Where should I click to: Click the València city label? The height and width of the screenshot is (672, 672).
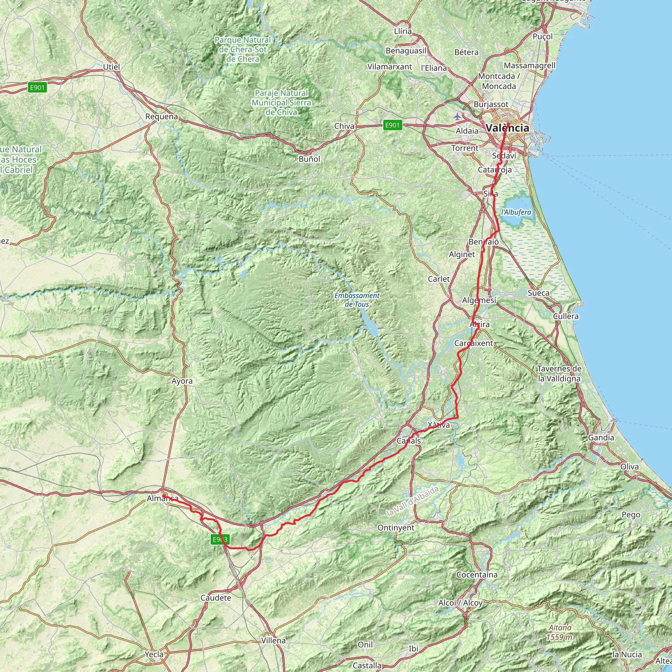point(508,128)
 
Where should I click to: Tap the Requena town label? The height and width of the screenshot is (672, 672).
point(161,116)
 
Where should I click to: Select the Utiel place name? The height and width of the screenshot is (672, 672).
point(111,67)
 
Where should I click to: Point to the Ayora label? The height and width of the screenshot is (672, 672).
point(182,381)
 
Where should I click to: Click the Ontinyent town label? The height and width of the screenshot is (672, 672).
point(396,528)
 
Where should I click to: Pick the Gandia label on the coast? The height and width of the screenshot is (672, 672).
point(601,438)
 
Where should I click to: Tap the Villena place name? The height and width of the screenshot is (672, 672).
point(273,640)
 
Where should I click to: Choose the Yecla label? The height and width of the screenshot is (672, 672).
point(154,654)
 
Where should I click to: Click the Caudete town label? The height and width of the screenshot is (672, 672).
point(216,598)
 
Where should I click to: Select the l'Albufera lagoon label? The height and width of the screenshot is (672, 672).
point(516,212)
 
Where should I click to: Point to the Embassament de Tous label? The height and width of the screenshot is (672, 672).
point(357,300)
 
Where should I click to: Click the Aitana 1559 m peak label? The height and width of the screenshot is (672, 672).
point(560,632)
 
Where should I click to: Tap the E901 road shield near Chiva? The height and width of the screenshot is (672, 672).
point(392,125)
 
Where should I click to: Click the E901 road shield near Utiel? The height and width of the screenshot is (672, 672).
point(37,87)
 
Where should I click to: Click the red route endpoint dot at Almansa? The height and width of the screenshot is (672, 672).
point(163,496)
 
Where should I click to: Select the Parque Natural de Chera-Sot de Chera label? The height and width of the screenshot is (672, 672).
point(242,50)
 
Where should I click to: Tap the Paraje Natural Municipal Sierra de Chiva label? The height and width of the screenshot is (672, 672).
point(282,103)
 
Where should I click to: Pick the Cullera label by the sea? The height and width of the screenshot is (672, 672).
point(566,316)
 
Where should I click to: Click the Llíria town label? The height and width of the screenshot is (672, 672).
point(403,31)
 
